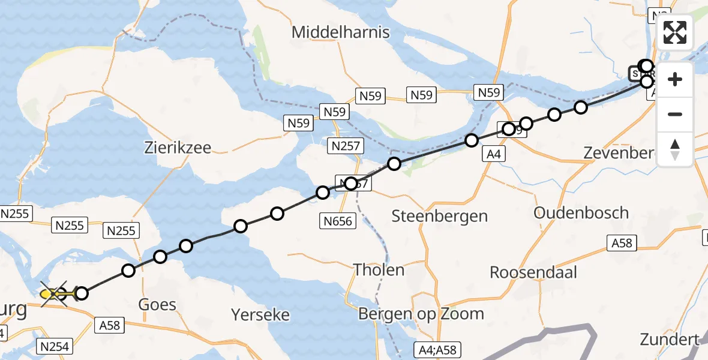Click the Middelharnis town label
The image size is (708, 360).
coord(340,32)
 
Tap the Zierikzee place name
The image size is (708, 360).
coord(177,148)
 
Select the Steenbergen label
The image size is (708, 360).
coord(439,216)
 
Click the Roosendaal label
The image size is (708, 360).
coord(533,272)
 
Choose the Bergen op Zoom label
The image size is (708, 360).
coord(421,313)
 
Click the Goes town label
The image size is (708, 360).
coord(157,304)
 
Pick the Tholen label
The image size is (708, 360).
coord(379,269)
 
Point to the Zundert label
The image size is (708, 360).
coord(670,338)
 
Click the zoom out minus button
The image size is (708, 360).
coord(675,114)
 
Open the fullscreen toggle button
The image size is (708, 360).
coord(675,32)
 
